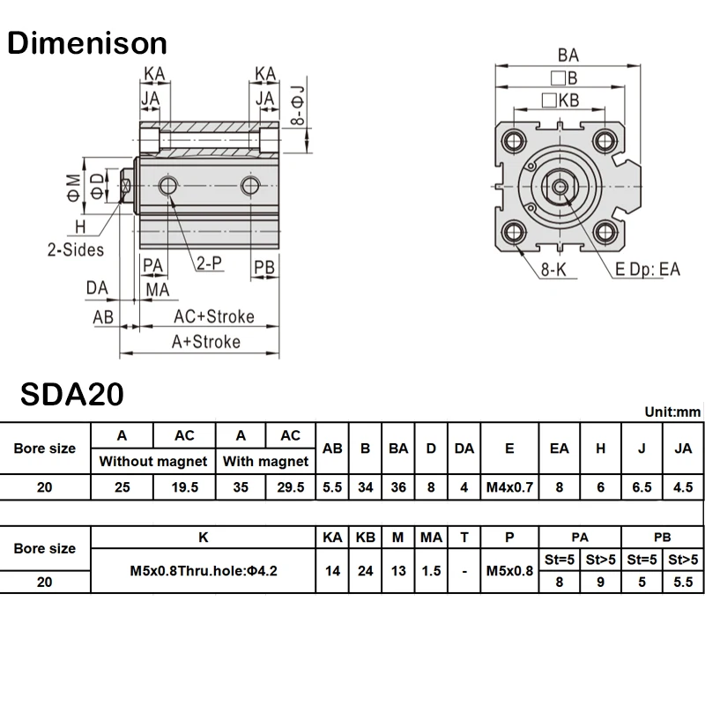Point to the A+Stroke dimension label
205,342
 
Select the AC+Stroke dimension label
213,316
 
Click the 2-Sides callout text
75,249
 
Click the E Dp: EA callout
648,269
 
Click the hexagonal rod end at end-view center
559,185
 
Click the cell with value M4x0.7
509,486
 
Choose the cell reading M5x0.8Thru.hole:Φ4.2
204,570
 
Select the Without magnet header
153,461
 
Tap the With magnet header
265,461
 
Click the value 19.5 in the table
185,486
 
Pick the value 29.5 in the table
290,486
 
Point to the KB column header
366,536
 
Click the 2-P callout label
209,263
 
